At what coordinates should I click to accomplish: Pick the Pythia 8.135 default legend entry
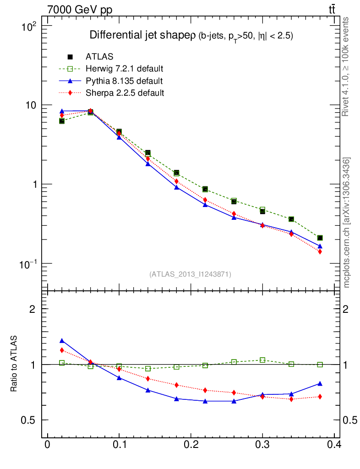pos(124,81)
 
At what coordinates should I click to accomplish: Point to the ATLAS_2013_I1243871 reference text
pos(190,274)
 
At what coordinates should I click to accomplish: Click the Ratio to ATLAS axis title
pos(14,364)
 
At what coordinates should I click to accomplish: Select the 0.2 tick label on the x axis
pos(191,445)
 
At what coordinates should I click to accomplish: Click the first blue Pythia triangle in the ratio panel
pos(62,341)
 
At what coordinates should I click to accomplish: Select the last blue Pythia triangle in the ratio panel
pos(320,383)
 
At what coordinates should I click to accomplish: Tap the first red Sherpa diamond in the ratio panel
pos(62,350)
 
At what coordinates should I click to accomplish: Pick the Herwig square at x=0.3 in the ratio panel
pos(262,360)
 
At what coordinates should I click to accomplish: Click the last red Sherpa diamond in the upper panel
pos(320,251)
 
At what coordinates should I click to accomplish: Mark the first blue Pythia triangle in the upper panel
pos(62,111)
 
